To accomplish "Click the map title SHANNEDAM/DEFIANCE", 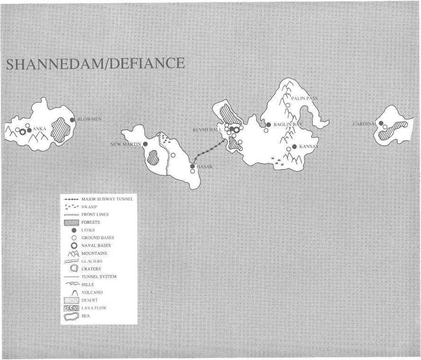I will [x=94, y=63].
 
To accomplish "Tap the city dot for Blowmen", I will [x=72, y=120].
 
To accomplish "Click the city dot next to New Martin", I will [x=145, y=144].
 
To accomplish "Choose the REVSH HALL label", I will [x=207, y=129].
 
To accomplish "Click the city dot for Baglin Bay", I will [x=268, y=125].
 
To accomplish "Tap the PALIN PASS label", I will [x=305, y=99].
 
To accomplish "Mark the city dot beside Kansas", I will [x=294, y=147].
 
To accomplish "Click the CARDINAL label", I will [x=365, y=124].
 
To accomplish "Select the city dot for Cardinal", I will [x=381, y=123].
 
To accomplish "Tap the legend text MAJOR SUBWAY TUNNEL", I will [x=107, y=199].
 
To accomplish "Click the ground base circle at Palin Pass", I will [x=287, y=105].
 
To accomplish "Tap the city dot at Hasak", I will [x=192, y=166].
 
